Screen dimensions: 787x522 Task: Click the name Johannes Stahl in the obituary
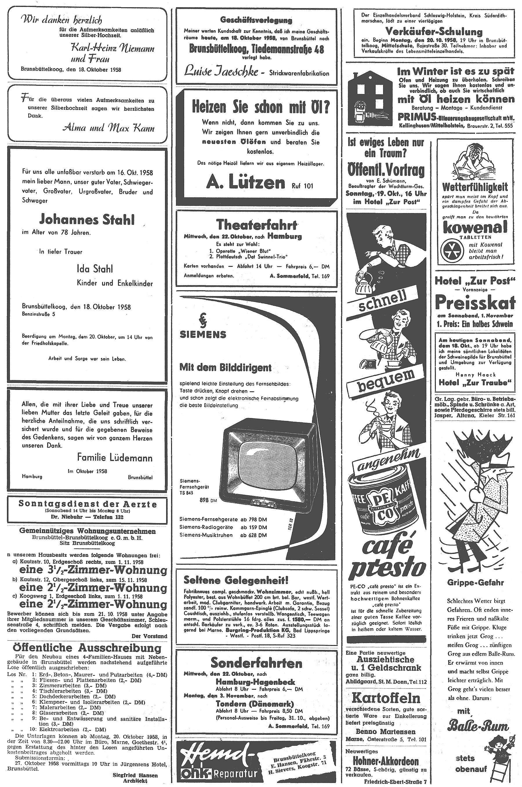pyautogui.click(x=87, y=220)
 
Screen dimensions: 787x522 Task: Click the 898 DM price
pyautogui.click(x=209, y=500)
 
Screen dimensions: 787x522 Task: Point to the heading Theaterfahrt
pyautogui.click(x=256, y=225)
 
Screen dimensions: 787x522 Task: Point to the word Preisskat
pyautogui.click(x=475, y=302)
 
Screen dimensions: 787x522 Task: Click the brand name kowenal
pyautogui.click(x=475, y=228)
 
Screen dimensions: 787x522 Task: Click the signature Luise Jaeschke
pyautogui.click(x=221, y=71)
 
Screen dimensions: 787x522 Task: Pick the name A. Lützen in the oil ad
pyautogui.click(x=246, y=183)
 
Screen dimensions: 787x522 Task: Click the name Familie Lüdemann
pyautogui.click(x=115, y=458)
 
